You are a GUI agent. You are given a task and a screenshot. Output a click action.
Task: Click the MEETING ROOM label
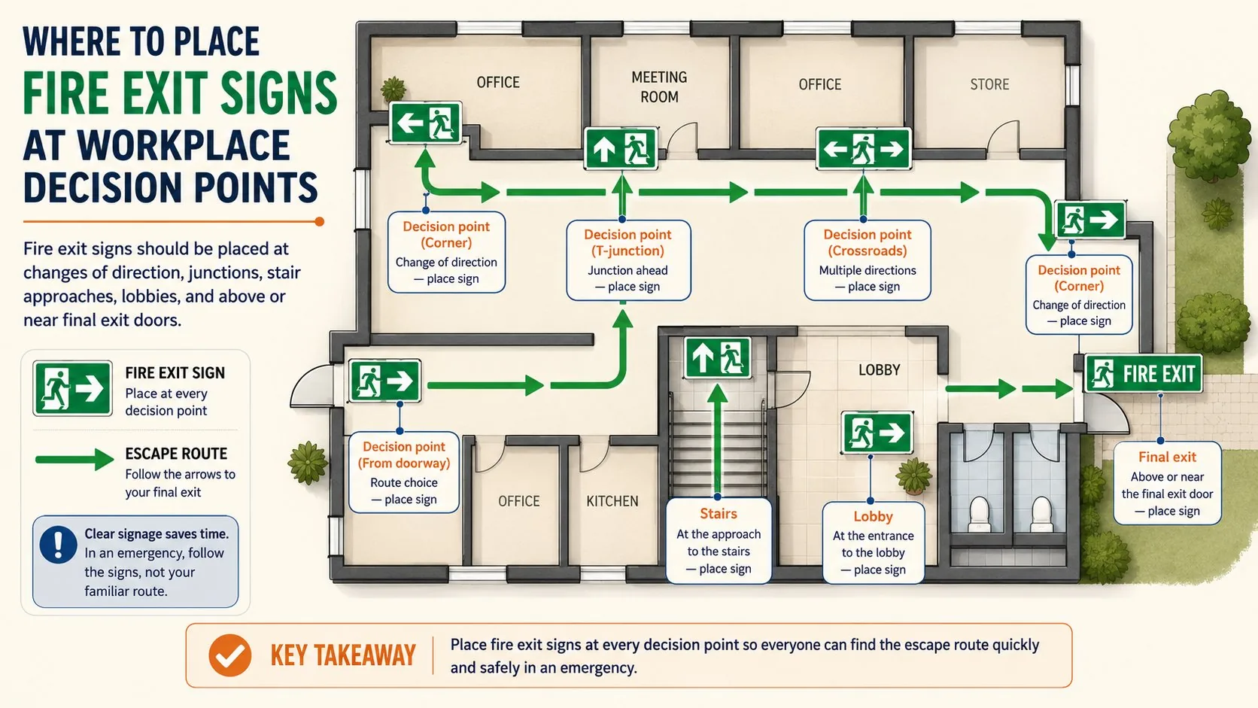coord(659,87)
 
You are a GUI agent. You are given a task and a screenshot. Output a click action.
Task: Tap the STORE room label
coord(989,84)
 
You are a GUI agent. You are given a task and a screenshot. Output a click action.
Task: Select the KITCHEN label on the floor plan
coord(612,501)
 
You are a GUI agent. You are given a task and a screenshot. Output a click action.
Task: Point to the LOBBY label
coord(880,370)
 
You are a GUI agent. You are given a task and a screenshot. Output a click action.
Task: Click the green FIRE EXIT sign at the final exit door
coord(1144,373)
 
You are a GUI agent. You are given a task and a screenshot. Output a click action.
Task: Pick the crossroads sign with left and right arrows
coord(864,149)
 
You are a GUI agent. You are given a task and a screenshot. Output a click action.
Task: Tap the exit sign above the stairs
coord(718,357)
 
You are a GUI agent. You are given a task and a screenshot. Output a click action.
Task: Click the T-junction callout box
coord(628,260)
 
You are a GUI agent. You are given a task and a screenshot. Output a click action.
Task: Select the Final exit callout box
coord(1167,484)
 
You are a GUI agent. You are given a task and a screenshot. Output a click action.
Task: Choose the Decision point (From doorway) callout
coord(404,473)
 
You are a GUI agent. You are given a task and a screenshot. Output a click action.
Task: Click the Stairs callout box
coord(719,541)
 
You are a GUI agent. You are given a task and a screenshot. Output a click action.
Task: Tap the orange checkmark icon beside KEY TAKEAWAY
coord(229,655)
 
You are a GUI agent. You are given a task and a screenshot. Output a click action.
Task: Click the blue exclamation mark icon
coord(58,545)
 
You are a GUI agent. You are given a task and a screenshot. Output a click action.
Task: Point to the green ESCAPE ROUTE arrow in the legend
coord(74,459)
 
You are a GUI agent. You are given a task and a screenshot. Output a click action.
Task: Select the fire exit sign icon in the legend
coord(72,388)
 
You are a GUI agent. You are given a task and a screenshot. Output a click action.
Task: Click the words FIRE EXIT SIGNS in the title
coord(180,93)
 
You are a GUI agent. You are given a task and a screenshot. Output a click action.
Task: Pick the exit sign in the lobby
coord(877,433)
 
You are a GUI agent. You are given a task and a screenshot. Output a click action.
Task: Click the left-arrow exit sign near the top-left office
coord(425,123)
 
